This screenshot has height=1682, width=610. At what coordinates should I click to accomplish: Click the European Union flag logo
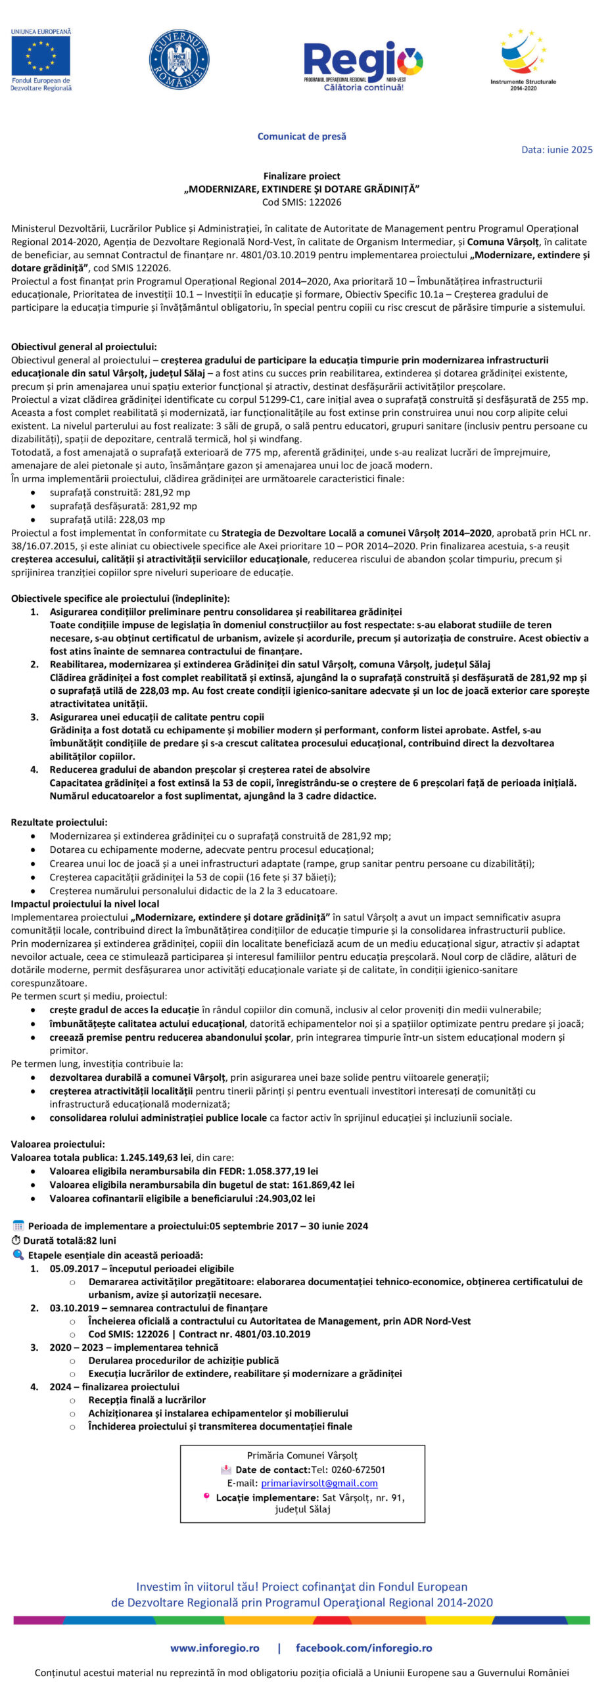click(x=41, y=56)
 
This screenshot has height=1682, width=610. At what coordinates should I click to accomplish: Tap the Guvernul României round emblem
click(x=179, y=60)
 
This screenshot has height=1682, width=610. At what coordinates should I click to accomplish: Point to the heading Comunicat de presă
click(x=302, y=137)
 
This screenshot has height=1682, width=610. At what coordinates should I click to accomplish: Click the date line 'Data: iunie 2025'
click(x=557, y=150)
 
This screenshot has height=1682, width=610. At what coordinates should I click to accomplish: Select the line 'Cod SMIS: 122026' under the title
click(x=302, y=202)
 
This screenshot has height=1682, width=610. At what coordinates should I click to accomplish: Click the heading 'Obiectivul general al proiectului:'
click(x=84, y=347)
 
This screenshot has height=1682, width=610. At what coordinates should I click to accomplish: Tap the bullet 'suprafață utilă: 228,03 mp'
click(x=107, y=519)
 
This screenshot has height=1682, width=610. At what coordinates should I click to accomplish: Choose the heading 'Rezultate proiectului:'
click(x=59, y=822)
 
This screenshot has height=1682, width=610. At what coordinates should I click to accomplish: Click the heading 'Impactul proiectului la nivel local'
click(x=85, y=904)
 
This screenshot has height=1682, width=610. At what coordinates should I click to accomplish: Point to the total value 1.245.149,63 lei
click(x=155, y=1158)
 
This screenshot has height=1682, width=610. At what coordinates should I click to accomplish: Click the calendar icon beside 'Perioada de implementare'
click(x=18, y=1226)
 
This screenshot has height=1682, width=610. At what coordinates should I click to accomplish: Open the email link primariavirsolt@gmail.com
click(x=319, y=1483)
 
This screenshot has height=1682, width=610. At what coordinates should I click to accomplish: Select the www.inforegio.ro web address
click(x=215, y=1648)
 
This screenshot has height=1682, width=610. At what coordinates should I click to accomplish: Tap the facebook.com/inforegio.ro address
click(x=364, y=1648)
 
